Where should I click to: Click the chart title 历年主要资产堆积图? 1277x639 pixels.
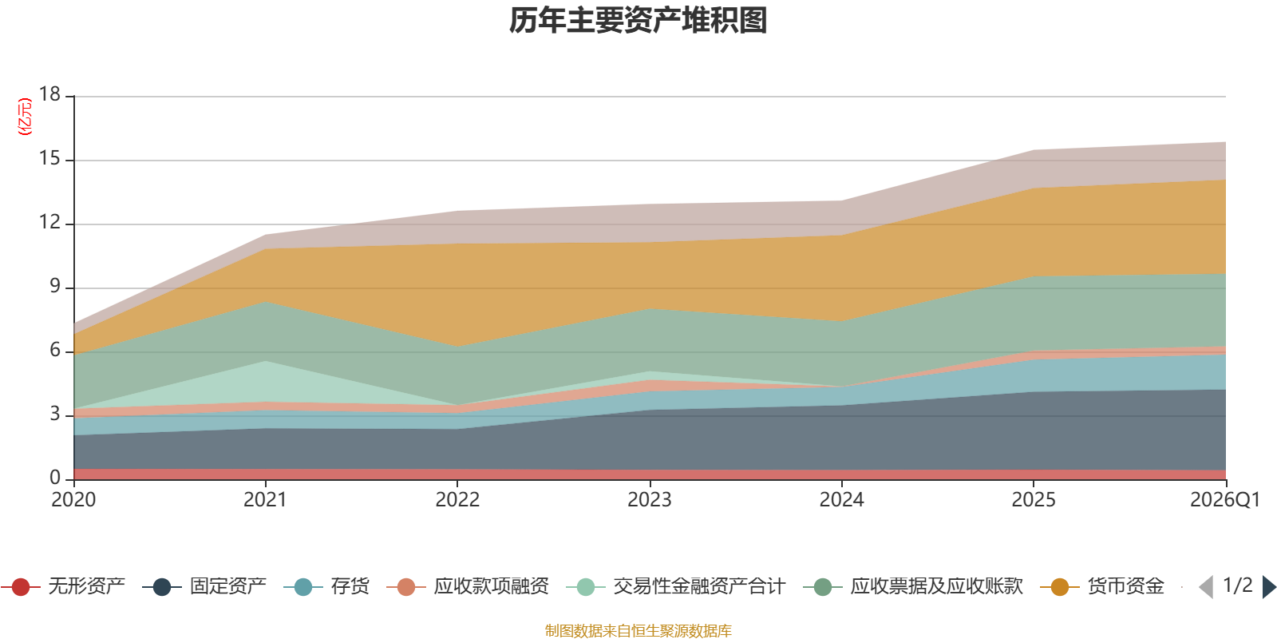pyautogui.click(x=638, y=21)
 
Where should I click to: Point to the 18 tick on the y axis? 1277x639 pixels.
pyautogui.click(x=50, y=94)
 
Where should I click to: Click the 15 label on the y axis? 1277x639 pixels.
pyautogui.click(x=50, y=158)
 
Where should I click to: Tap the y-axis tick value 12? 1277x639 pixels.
pyautogui.click(x=50, y=222)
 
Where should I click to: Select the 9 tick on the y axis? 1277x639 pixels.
pyautogui.click(x=55, y=286)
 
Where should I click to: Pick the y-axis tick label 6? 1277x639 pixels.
pyautogui.click(x=55, y=350)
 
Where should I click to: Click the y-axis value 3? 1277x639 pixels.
pyautogui.click(x=55, y=414)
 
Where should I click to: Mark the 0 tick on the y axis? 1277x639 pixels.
pyautogui.click(x=55, y=478)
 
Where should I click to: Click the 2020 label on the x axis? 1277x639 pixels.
pyautogui.click(x=73, y=500)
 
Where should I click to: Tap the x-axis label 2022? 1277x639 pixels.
pyautogui.click(x=457, y=500)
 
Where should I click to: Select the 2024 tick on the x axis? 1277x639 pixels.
pyautogui.click(x=841, y=500)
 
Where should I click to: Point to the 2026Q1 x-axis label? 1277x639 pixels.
pyautogui.click(x=1224, y=500)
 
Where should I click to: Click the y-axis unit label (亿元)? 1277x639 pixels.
pyautogui.click(x=25, y=117)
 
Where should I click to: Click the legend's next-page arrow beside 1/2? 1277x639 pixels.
pyautogui.click(x=1268, y=587)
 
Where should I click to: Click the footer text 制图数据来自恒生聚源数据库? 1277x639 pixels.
pyautogui.click(x=638, y=631)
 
